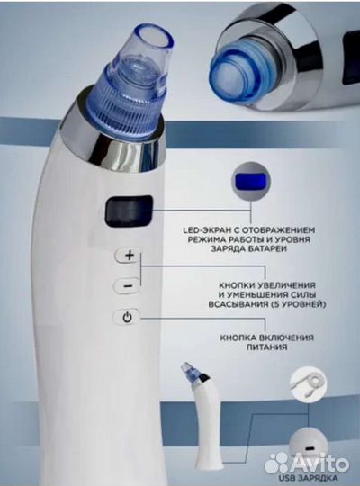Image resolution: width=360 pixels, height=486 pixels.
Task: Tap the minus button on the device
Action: (x=128, y=285)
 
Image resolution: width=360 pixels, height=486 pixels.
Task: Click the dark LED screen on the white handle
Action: (x=130, y=211)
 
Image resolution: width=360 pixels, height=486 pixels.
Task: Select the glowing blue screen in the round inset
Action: (x=251, y=181)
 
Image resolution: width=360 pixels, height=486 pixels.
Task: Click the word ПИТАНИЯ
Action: (x=267, y=346)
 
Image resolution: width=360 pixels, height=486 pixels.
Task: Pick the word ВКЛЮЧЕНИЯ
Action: (x=287, y=337)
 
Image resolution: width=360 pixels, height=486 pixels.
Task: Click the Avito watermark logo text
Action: (x=307, y=463)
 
